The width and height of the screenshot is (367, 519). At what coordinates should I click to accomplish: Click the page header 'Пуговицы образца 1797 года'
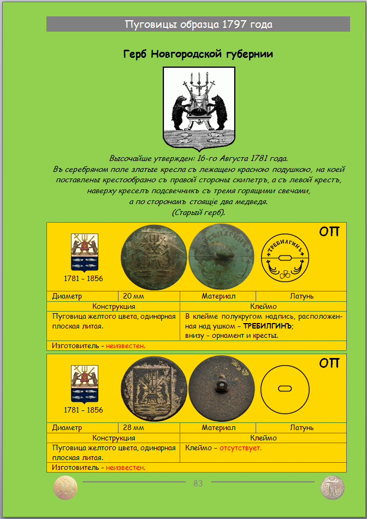pos(198,25)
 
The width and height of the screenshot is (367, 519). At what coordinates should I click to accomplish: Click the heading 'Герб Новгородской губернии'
pos(198,54)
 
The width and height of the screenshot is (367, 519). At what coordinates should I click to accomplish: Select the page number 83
pos(198,483)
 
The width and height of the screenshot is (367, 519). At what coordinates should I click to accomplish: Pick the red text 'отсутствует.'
pos(240,448)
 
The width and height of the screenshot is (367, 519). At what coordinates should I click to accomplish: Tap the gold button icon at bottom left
pos(66,487)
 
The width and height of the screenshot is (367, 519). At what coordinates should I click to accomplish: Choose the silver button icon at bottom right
pos(332,487)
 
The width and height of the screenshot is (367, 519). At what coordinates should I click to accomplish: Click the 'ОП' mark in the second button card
pos(329,363)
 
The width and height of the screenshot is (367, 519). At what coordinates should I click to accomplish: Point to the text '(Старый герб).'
pos(198,212)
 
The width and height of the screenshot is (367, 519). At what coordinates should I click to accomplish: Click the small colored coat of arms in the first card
pos(83,252)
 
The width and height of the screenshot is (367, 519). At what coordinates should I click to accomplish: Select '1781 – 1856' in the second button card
pos(83,410)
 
